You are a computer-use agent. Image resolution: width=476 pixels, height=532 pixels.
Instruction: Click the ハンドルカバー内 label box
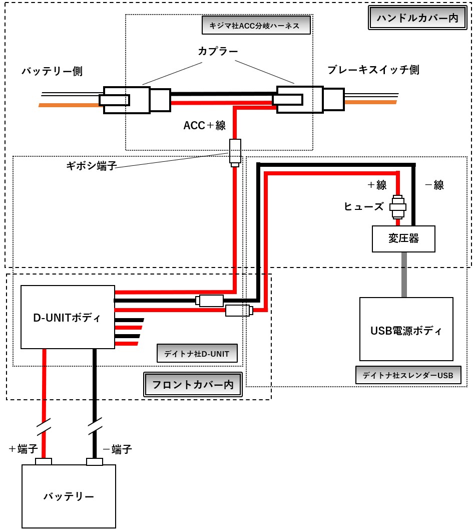click(x=417, y=18)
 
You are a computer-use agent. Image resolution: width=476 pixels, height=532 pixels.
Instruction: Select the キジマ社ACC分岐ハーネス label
click(x=256, y=25)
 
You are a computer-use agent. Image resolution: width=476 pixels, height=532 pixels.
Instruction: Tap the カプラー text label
click(x=218, y=51)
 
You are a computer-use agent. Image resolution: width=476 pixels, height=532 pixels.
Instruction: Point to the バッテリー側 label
click(x=52, y=71)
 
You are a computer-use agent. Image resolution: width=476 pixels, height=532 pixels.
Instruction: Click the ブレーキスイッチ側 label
click(x=373, y=70)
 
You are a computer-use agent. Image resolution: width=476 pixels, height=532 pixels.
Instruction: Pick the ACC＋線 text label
click(x=205, y=125)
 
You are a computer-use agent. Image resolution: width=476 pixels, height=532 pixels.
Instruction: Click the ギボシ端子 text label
click(x=91, y=165)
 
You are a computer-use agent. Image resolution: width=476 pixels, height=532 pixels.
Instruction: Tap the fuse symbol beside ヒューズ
click(x=398, y=207)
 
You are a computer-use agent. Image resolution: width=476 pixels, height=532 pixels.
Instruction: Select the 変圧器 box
click(x=403, y=239)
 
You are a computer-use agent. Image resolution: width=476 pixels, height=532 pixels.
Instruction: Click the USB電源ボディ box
click(x=406, y=329)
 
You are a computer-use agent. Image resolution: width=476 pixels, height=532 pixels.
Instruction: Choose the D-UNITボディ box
click(x=68, y=317)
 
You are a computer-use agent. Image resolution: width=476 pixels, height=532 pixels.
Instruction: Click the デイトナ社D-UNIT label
click(x=197, y=354)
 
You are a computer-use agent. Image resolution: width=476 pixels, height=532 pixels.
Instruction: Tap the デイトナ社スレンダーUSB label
click(x=408, y=375)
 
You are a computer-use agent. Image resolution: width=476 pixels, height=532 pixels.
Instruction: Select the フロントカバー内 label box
click(x=193, y=384)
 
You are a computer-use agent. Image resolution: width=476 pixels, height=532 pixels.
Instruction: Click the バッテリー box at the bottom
click(x=69, y=496)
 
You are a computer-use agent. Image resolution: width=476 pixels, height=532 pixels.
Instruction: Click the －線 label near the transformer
click(x=434, y=185)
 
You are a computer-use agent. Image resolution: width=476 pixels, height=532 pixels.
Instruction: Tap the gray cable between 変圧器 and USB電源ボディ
click(x=403, y=275)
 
